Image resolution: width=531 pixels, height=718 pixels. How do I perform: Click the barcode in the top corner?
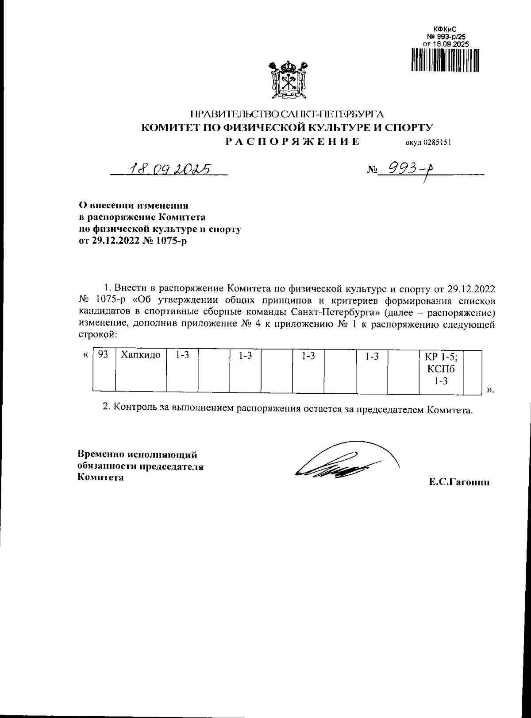(x=445, y=59)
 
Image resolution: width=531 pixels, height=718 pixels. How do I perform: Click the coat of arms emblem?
(x=289, y=80)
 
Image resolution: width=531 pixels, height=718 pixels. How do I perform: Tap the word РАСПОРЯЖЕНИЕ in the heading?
(x=292, y=142)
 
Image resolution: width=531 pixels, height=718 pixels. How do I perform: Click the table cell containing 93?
(x=103, y=370)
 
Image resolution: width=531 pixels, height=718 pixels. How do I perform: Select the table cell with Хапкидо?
(x=141, y=370)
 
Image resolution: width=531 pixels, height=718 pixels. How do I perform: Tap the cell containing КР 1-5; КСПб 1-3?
(x=440, y=370)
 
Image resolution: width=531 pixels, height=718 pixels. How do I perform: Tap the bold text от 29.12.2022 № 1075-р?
(x=133, y=241)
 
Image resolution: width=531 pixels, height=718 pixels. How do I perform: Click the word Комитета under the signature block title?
(x=100, y=477)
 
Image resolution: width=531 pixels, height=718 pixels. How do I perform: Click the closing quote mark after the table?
(x=489, y=390)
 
